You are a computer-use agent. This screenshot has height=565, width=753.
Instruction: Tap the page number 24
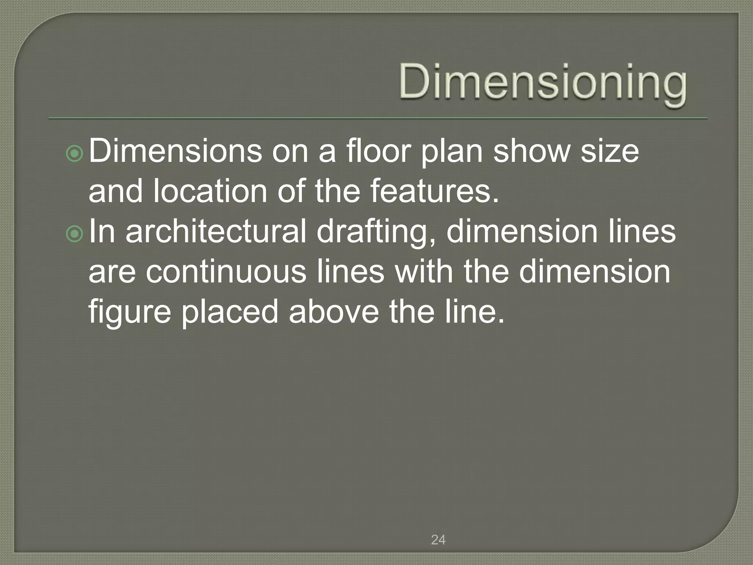tap(438, 540)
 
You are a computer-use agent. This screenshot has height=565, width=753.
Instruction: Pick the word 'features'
tap(434, 192)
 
